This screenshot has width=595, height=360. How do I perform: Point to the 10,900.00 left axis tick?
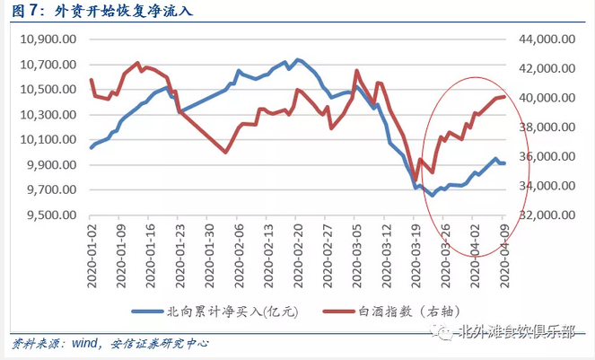47,40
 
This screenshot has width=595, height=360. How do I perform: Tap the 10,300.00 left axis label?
47,115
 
